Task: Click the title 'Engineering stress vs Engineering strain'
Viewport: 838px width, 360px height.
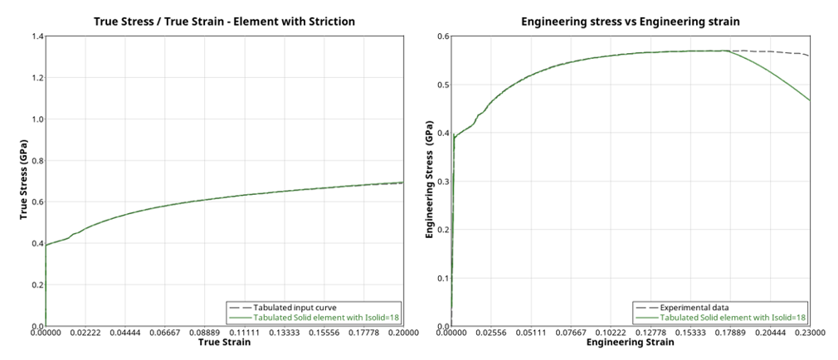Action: point(630,20)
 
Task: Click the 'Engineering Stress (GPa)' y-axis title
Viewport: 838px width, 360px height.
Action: point(430,181)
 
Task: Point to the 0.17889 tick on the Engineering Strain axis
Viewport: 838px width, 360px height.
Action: point(729,333)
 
